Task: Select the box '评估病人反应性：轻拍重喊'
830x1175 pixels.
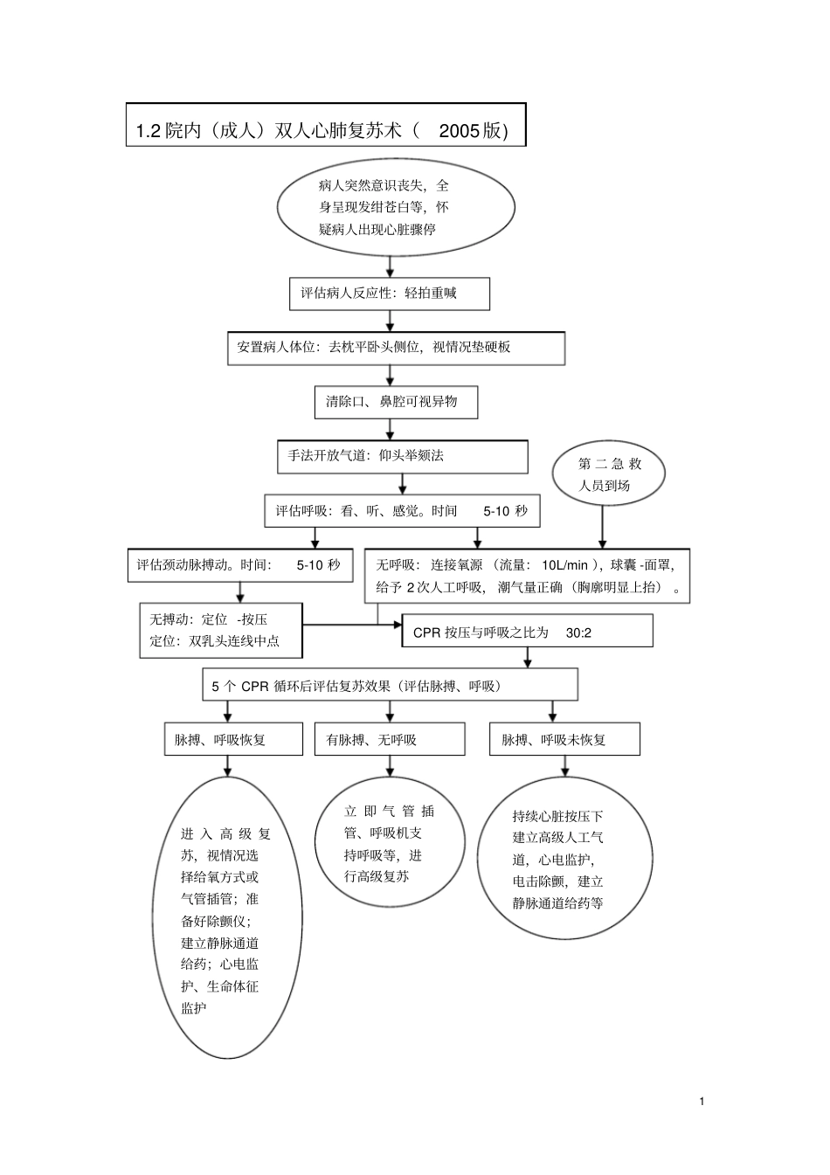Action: pos(389,294)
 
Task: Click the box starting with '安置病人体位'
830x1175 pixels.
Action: pos(395,347)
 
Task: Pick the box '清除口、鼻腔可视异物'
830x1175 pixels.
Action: pos(396,402)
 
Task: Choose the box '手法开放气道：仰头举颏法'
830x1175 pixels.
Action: pos(402,456)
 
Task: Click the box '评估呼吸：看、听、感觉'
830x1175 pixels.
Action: pos(402,511)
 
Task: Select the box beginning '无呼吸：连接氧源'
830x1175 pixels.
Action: pos(527,576)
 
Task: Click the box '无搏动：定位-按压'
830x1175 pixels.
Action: pos(220,630)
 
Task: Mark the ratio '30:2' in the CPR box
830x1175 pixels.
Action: pos(578,632)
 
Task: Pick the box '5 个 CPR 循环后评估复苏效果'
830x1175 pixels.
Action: pos(390,686)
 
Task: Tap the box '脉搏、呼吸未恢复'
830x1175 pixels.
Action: pos(564,740)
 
